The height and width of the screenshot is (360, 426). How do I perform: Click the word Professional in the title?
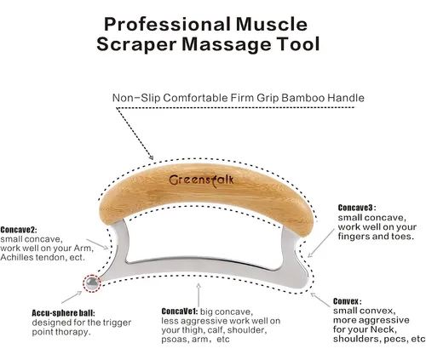click(167, 24)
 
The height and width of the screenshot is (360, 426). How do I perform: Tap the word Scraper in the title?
click(137, 44)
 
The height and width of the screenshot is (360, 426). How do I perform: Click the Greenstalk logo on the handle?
click(201, 180)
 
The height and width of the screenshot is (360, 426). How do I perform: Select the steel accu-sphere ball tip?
click(92, 283)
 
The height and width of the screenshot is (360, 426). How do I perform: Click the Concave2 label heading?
click(19, 229)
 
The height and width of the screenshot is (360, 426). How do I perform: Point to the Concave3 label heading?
click(356, 208)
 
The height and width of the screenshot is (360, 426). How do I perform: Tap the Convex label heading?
click(347, 301)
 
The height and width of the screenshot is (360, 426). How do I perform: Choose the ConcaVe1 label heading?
click(180, 311)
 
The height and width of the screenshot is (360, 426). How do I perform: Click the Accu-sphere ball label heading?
click(63, 313)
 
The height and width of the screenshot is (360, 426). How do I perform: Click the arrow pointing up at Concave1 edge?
click(199, 295)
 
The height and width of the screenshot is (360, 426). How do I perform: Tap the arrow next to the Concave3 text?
click(321, 243)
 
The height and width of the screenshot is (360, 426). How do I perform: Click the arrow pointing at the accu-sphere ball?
click(72, 297)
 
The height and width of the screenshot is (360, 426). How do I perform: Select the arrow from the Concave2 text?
click(97, 244)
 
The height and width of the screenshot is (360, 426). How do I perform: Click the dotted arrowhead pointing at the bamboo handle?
click(151, 157)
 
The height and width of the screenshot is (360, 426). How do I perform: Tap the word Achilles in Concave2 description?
click(16, 257)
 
